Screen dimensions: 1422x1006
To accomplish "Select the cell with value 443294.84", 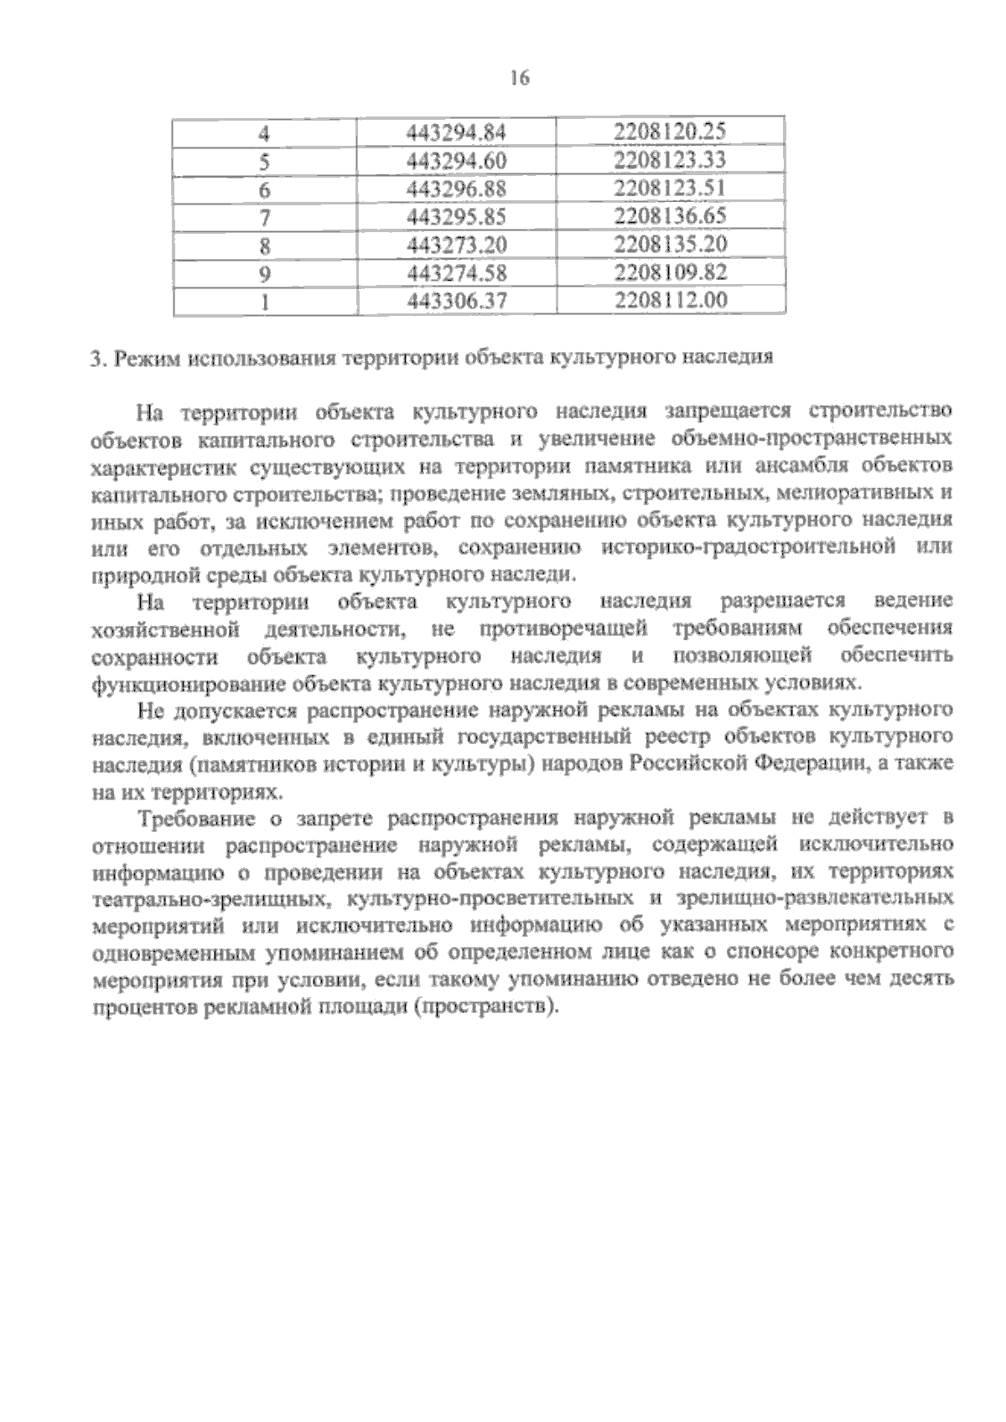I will [457, 132].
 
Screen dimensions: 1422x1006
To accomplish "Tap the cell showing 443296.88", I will [457, 189].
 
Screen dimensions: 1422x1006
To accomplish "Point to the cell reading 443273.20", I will [457, 245].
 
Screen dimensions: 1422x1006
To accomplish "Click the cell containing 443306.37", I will [457, 301].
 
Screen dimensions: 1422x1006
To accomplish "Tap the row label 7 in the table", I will [265, 217].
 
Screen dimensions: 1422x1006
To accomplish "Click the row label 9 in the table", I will [265, 273].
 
